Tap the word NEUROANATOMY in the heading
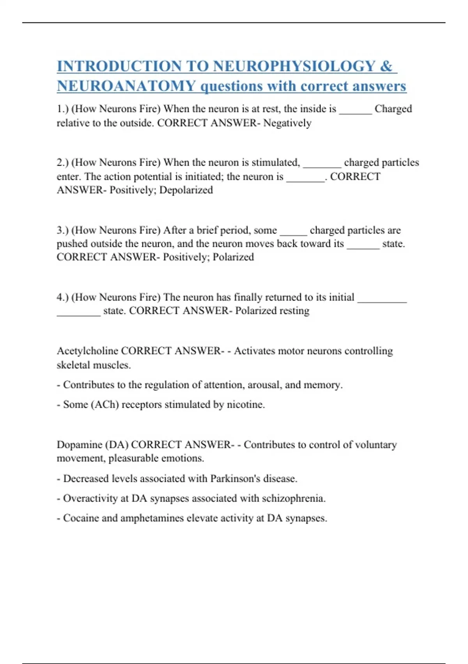[126, 86]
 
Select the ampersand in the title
[386, 66]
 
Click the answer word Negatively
[287, 123]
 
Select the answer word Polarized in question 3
[233, 257]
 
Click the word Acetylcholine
[87, 351]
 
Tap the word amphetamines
[152, 518]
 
